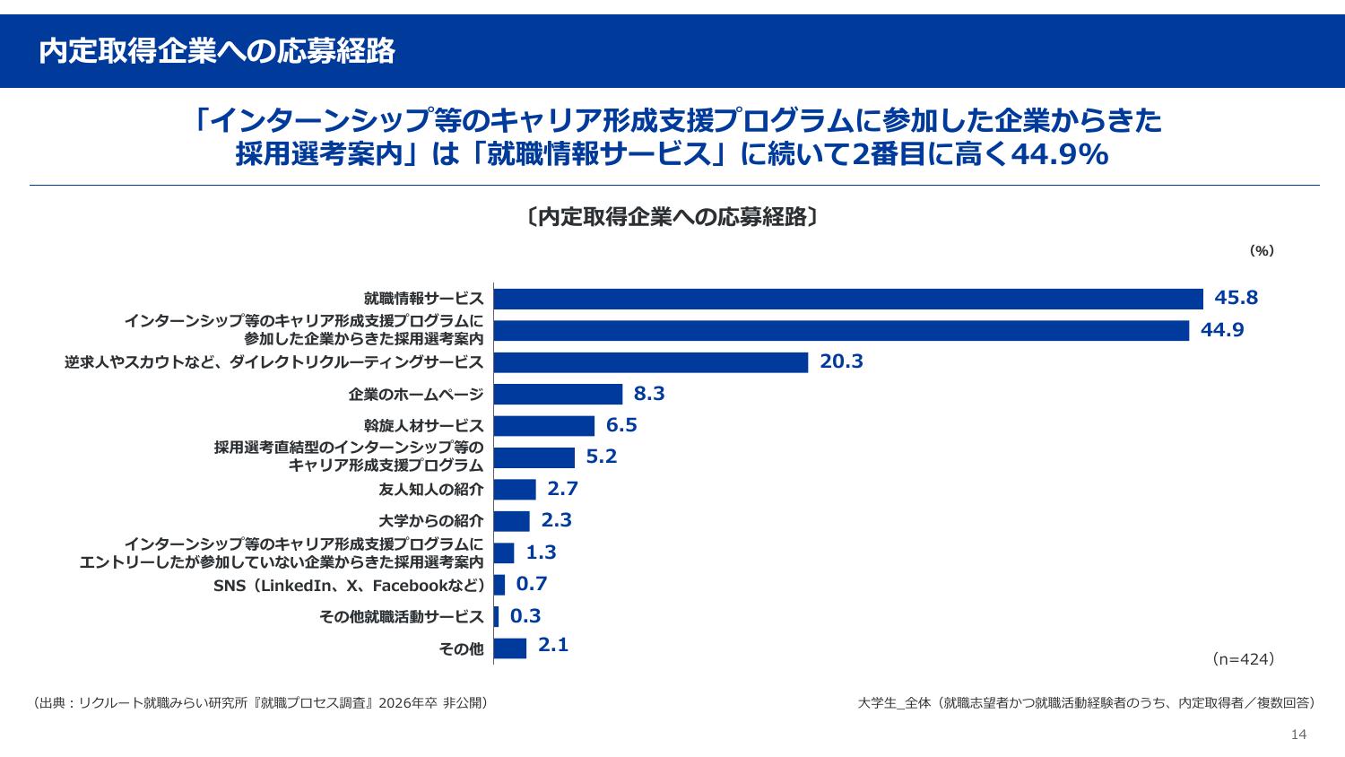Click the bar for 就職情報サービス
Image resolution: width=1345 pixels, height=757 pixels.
click(848, 299)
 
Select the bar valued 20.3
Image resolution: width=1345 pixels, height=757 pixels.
click(651, 362)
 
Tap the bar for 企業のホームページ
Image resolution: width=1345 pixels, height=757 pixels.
click(558, 394)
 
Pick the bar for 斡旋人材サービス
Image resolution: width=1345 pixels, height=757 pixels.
click(544, 426)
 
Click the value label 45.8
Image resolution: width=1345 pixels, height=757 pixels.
click(1237, 298)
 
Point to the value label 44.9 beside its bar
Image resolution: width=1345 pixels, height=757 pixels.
click(1222, 330)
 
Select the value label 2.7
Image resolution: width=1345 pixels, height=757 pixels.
click(562, 489)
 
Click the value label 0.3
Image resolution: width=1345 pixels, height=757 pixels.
click(525, 615)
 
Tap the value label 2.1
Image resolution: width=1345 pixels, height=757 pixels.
click(553, 645)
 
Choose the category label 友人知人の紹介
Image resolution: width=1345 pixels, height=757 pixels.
click(431, 490)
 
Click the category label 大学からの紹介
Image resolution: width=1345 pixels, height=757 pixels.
click(431, 521)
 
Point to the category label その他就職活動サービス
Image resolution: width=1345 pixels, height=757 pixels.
click(401, 617)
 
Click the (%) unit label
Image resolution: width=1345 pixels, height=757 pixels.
click(1262, 251)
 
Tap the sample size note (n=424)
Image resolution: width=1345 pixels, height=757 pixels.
click(1243, 659)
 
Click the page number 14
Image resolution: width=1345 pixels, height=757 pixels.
click(1298, 735)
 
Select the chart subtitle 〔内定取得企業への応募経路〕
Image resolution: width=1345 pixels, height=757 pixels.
click(672, 217)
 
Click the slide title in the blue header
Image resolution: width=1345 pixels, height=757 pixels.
click(217, 52)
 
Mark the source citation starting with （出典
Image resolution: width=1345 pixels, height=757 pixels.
click(260, 702)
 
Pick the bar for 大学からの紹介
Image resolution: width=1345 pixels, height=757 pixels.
click(512, 521)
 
